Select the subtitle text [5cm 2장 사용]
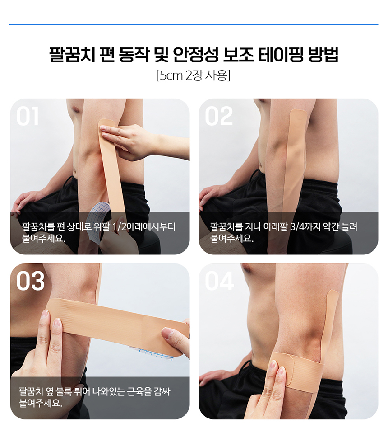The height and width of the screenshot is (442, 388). coord(194,75)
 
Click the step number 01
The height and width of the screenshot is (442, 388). coord(27,117)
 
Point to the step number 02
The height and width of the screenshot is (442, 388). coord(219,117)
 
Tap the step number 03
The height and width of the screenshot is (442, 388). coord(30,281)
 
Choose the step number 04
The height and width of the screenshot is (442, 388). coord(219,281)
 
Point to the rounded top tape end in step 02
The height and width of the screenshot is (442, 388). coord(299,113)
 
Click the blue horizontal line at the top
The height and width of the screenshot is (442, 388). coord(194,24)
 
